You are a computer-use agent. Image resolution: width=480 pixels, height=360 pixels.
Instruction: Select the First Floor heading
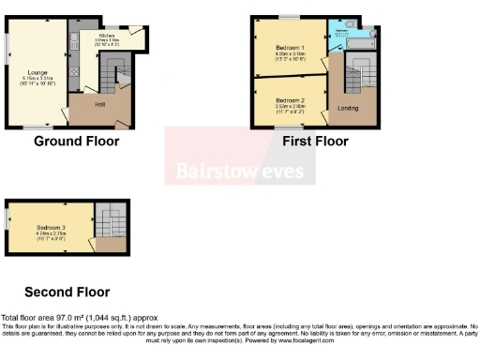[x=315, y=142]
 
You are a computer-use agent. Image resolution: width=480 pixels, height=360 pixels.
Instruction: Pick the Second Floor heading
[x=67, y=292]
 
